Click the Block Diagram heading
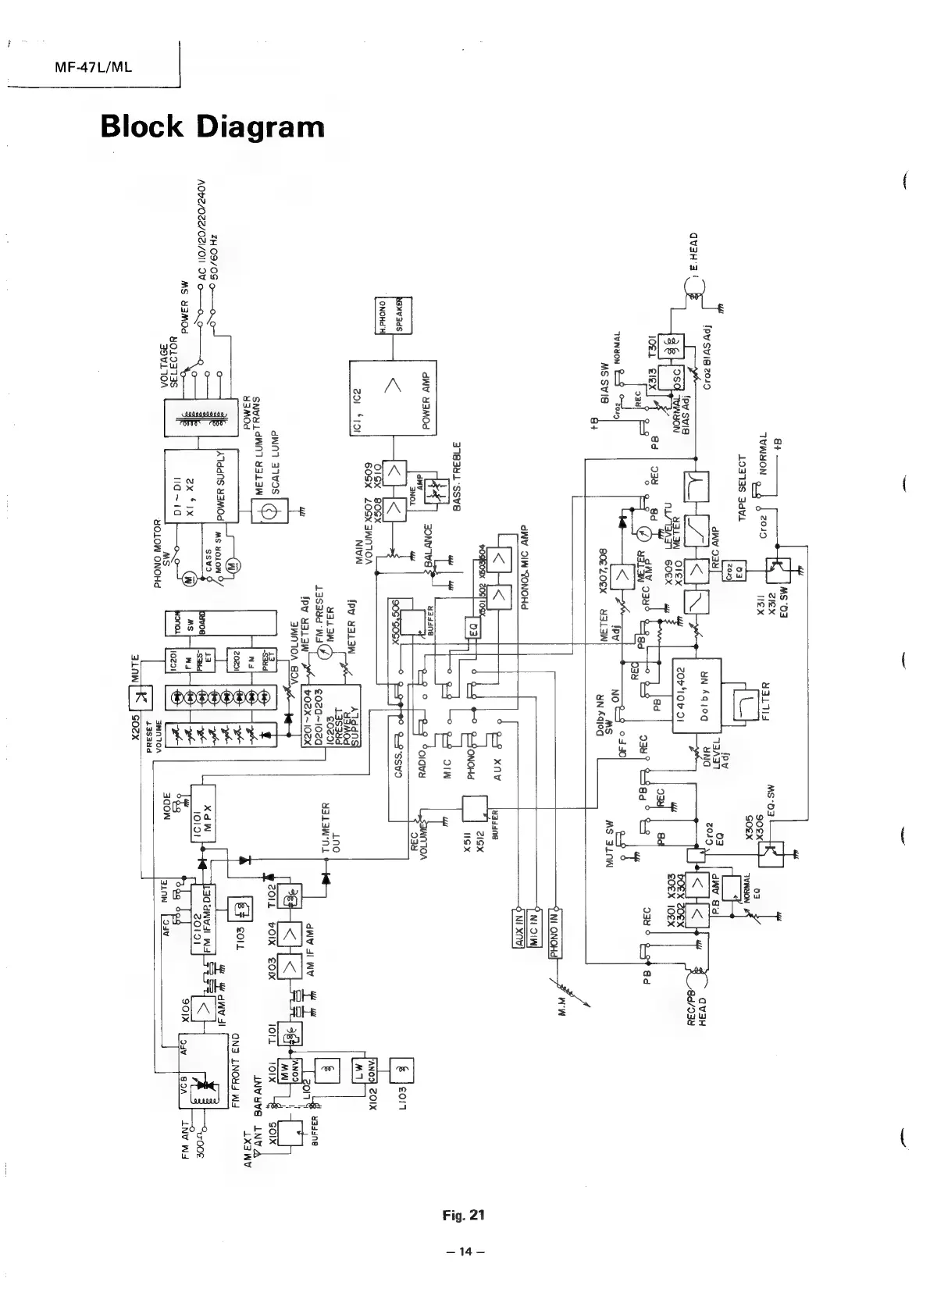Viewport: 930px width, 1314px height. (212, 126)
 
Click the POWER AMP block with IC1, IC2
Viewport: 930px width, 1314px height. (392, 398)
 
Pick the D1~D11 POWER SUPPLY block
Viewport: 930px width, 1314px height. (195, 486)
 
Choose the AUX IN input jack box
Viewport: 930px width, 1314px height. (519, 928)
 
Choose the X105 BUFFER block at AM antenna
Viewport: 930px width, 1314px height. (290, 1129)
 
